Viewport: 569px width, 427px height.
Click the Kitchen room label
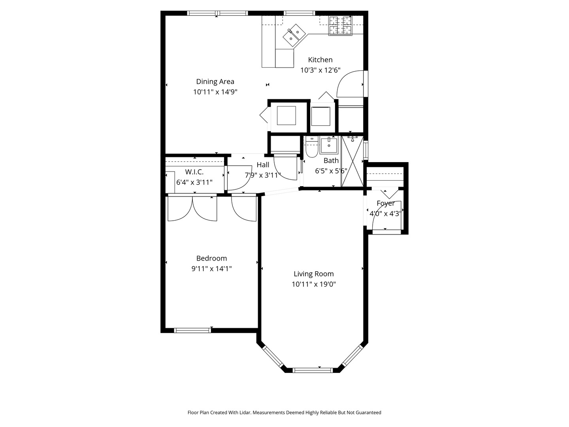click(x=320, y=60)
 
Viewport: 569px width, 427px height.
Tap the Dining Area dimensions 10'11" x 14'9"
click(x=215, y=92)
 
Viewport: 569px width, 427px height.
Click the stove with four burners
click(x=340, y=26)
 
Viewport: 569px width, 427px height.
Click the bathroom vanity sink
click(x=329, y=145)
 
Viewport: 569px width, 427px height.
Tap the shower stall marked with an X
click(x=352, y=161)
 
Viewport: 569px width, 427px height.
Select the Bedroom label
click(x=211, y=258)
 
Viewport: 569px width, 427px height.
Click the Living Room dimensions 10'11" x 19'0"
click(x=314, y=284)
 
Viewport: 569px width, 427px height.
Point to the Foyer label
click(x=385, y=203)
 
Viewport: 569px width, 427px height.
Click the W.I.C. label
click(x=194, y=172)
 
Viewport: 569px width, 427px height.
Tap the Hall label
click(x=263, y=165)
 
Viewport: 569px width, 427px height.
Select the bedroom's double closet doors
click(x=192, y=208)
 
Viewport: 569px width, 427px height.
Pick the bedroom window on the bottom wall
click(x=192, y=330)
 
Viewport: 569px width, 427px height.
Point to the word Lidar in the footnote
click(x=245, y=412)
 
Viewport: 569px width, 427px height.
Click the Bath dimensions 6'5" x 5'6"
click(x=331, y=171)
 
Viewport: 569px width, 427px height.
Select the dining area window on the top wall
click(x=218, y=13)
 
